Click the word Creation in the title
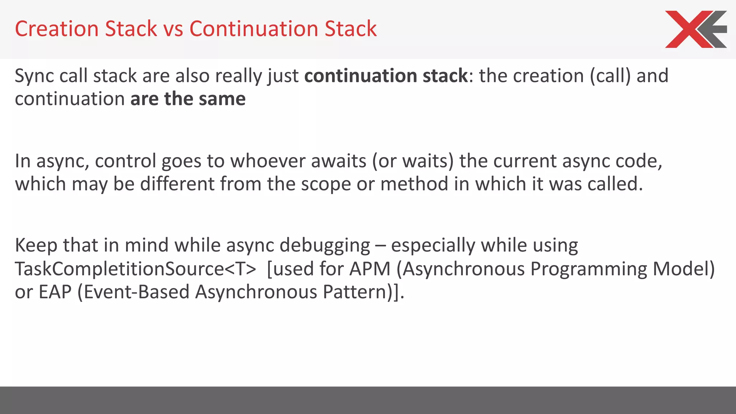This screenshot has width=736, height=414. point(56,29)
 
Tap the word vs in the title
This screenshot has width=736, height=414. point(173,29)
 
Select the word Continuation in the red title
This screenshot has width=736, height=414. point(254,29)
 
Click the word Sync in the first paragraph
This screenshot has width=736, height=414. point(34,76)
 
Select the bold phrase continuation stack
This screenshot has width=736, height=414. point(386,76)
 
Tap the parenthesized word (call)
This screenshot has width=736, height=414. point(610,76)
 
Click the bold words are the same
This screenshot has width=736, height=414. point(188,99)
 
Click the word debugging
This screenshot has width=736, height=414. point(325,246)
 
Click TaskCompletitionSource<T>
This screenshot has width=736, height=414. point(135,269)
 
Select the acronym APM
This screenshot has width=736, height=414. point(370,269)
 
